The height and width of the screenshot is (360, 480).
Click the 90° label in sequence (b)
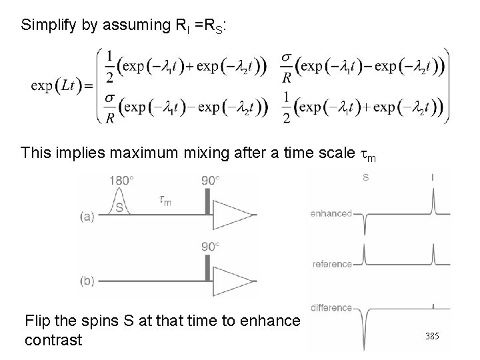tap(209, 246)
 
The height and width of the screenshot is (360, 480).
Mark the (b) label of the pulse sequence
tap(87, 281)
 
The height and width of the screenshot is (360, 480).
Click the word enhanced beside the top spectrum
tap(331, 214)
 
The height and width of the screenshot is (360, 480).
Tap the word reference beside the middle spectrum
tap(332, 265)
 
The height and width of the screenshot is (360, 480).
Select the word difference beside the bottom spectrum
tap(331, 308)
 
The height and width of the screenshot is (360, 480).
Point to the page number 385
tap(433, 337)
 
